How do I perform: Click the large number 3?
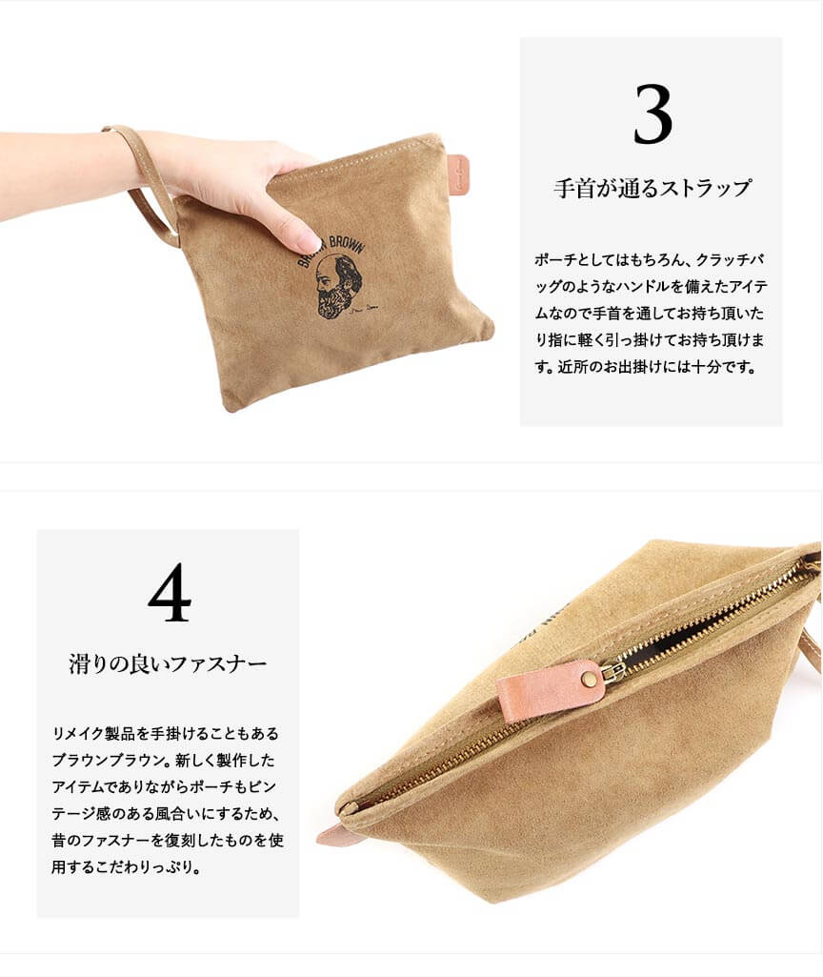coord(652,114)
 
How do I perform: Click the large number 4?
coord(170,592)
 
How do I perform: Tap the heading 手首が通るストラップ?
coord(652,188)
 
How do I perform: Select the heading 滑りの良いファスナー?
coord(168,663)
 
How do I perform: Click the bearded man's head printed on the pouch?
coord(336,286)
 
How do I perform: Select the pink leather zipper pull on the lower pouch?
coord(551,690)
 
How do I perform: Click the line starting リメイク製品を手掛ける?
coord(166,733)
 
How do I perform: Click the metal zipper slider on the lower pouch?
coord(615,670)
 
